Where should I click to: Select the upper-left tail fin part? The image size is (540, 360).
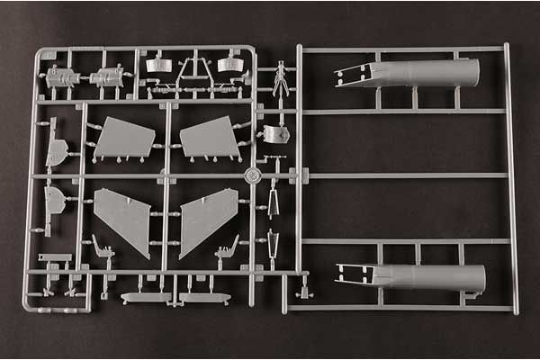(125, 138)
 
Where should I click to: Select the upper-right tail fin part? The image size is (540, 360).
(210, 137)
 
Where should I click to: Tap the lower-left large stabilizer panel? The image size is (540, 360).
(124, 219)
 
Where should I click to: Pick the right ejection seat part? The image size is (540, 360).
(228, 249)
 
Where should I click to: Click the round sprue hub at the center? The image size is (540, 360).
(254, 175)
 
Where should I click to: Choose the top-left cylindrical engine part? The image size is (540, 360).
(62, 78)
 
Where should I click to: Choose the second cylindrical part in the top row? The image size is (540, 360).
(109, 77)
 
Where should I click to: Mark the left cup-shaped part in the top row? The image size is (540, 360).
(158, 64)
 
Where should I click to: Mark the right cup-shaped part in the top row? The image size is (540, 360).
(227, 64)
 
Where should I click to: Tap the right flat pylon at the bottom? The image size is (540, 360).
(204, 297)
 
